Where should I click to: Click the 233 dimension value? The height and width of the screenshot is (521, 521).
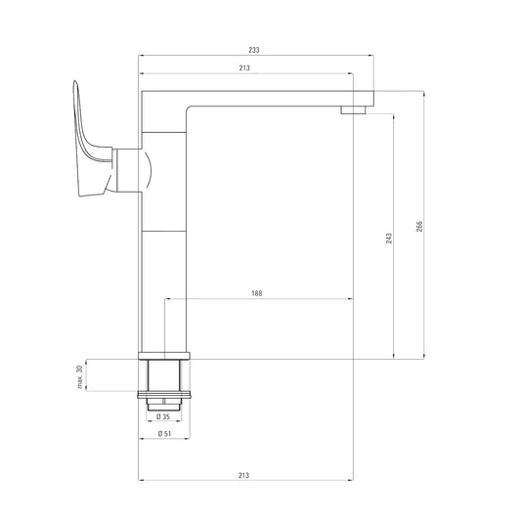254,50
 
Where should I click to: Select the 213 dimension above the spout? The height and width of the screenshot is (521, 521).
244,68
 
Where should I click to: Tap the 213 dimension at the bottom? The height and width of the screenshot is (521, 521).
243,475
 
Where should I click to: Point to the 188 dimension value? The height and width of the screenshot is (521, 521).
256,293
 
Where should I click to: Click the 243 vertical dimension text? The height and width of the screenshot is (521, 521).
389,239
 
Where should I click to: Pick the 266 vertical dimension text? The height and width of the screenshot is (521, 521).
419,226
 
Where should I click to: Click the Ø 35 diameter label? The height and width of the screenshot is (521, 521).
163,416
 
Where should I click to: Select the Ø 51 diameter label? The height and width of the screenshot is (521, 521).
164,434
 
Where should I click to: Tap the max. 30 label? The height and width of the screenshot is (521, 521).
79,376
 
